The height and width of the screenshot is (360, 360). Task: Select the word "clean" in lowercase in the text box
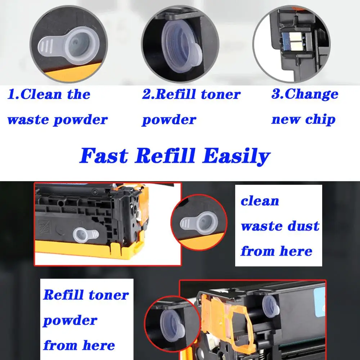260,201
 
